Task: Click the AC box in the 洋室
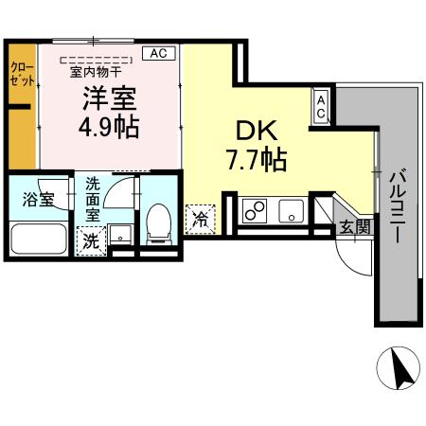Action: coord(158,54)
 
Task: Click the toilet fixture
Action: coord(158,223)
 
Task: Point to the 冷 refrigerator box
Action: coord(201,219)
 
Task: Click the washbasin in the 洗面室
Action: coord(118,234)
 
